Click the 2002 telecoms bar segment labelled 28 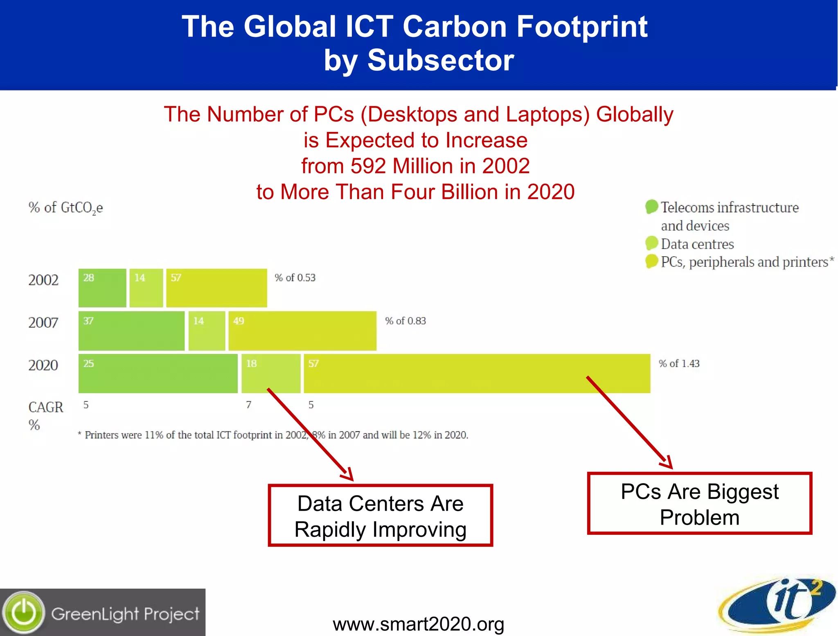(x=102, y=288)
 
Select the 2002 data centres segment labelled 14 (x=146, y=288)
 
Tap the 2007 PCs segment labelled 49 (x=302, y=331)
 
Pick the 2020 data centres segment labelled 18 (x=271, y=373)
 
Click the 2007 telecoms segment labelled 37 (x=131, y=331)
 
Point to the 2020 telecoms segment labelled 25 (x=158, y=373)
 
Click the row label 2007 (x=43, y=323)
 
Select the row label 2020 (x=43, y=365)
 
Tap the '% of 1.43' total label (x=679, y=364)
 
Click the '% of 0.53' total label (x=295, y=278)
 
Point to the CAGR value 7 (x=249, y=405)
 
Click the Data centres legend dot (x=651, y=243)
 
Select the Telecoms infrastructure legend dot (x=651, y=207)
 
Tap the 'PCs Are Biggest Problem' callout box (x=699, y=504)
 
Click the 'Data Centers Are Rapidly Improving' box (x=380, y=516)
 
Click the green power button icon (x=24, y=613)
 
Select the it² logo (x=777, y=604)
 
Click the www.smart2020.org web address (x=418, y=624)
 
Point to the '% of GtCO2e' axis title (x=65, y=208)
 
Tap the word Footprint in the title (x=582, y=27)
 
